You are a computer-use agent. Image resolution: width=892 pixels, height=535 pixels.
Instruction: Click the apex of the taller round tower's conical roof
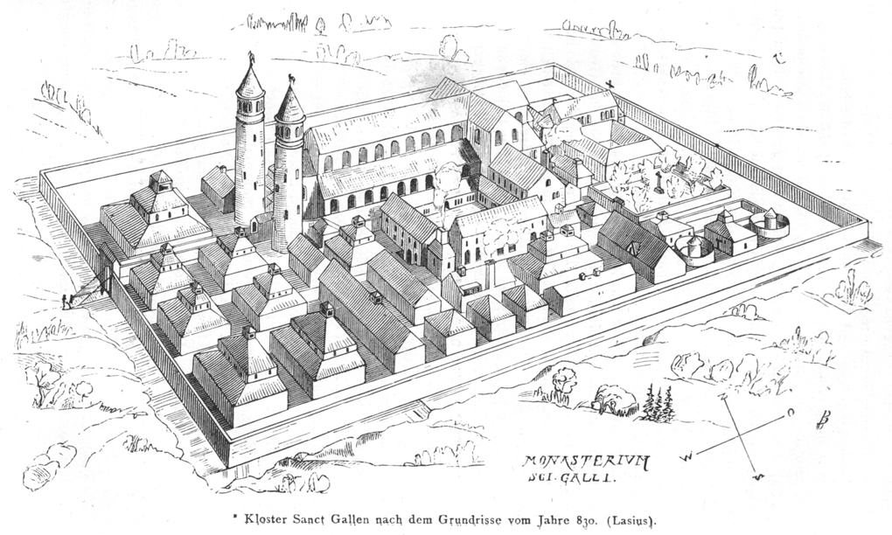pyautogui.click(x=250, y=64)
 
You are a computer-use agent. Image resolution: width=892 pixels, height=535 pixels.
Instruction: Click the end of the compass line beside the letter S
pyautogui.click(x=756, y=473)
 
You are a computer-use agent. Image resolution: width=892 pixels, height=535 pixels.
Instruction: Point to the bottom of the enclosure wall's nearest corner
pyautogui.click(x=230, y=468)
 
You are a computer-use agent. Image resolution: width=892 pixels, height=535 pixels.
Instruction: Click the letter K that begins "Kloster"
pyautogui.click(x=248, y=519)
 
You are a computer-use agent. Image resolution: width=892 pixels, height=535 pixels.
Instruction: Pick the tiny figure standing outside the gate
pyautogui.click(x=66, y=302)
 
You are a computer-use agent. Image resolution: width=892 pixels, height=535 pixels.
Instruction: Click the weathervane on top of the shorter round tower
pyautogui.click(x=290, y=80)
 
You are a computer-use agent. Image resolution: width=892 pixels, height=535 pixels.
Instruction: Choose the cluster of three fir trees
pyautogui.click(x=657, y=403)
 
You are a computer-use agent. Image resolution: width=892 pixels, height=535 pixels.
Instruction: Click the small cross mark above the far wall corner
pyautogui.click(x=610, y=85)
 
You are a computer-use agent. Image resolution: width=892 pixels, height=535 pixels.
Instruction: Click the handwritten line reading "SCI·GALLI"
pyautogui.click(x=571, y=478)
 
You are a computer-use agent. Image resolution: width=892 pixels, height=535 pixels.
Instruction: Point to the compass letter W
pyautogui.click(x=688, y=456)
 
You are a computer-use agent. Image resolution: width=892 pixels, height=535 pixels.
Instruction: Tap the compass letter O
pyautogui.click(x=791, y=413)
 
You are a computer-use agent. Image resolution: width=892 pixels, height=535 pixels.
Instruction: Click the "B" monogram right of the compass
pyautogui.click(x=821, y=419)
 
